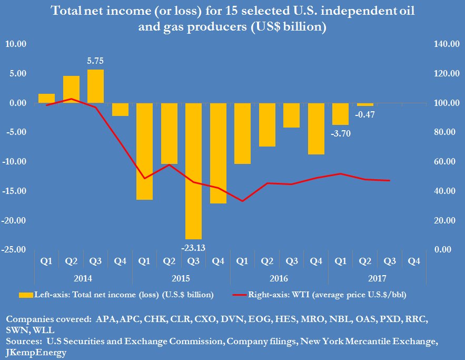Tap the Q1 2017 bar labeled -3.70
340,114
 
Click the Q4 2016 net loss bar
316,129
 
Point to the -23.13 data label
193,246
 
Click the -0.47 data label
365,114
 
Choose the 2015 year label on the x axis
181,278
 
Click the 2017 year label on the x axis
377,278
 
